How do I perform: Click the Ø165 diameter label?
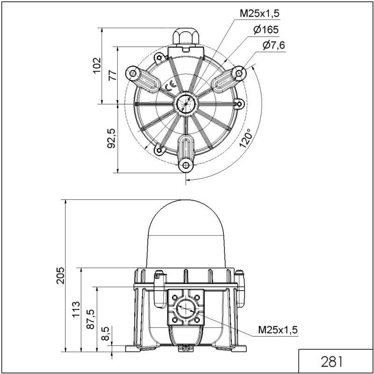tap(266, 29)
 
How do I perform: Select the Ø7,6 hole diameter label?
tap(273, 45)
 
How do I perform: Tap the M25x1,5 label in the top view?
tap(259, 14)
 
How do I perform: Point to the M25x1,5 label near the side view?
tap(278, 330)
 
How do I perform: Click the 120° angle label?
tap(245, 138)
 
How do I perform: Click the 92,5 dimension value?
tap(112, 139)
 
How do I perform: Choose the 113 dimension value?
tap(77, 309)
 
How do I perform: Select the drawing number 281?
tap(332, 361)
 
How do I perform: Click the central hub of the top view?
tap(186, 103)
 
